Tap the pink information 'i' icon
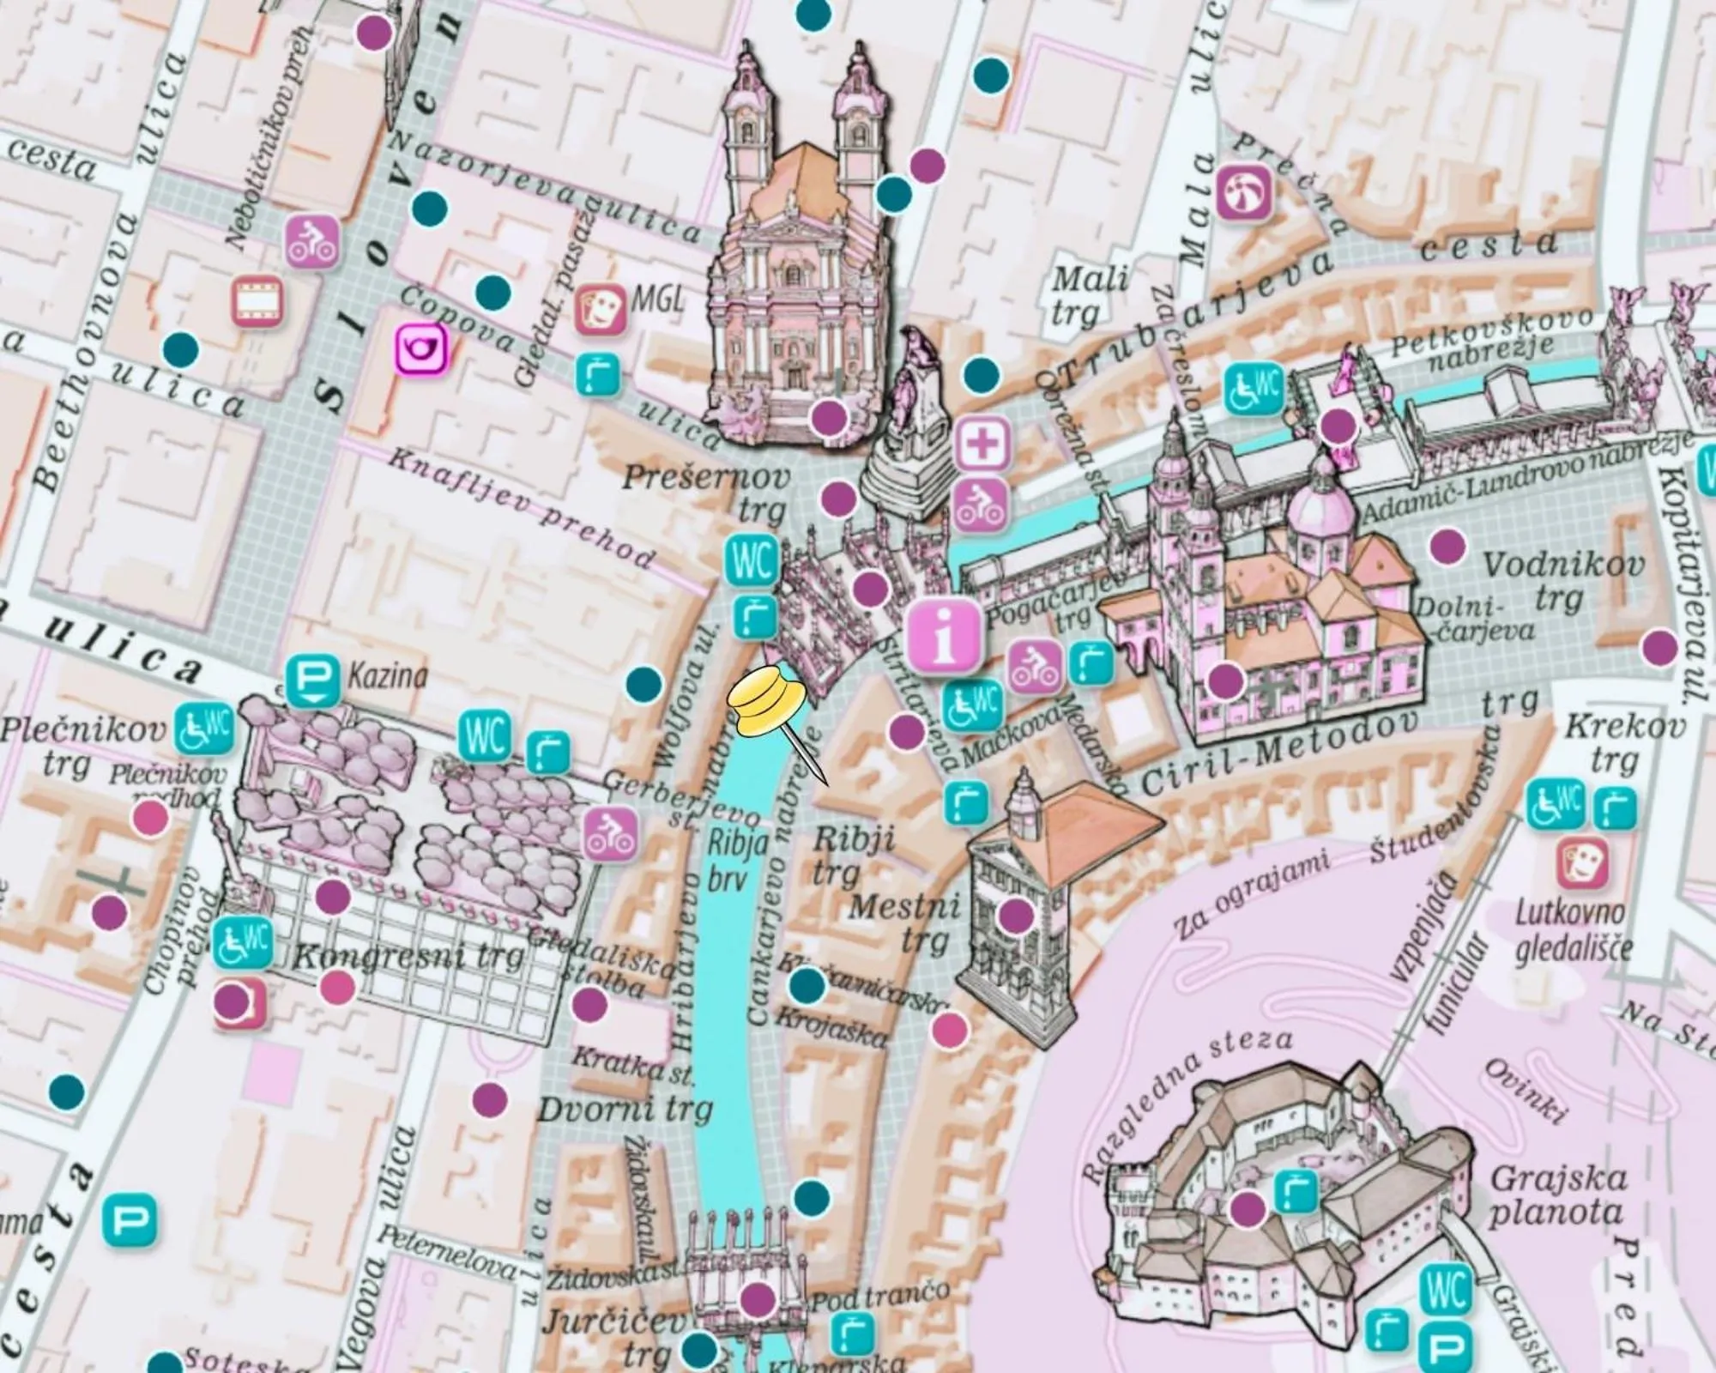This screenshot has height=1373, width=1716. (x=945, y=636)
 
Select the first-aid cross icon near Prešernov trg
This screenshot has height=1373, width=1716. (x=983, y=444)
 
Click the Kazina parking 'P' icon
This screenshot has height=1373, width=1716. (x=312, y=680)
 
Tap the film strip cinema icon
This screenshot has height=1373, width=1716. (x=257, y=301)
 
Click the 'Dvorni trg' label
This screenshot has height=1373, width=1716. (x=625, y=1110)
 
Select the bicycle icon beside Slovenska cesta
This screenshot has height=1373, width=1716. (x=311, y=242)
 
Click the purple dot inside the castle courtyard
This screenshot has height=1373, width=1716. (x=1247, y=1209)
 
